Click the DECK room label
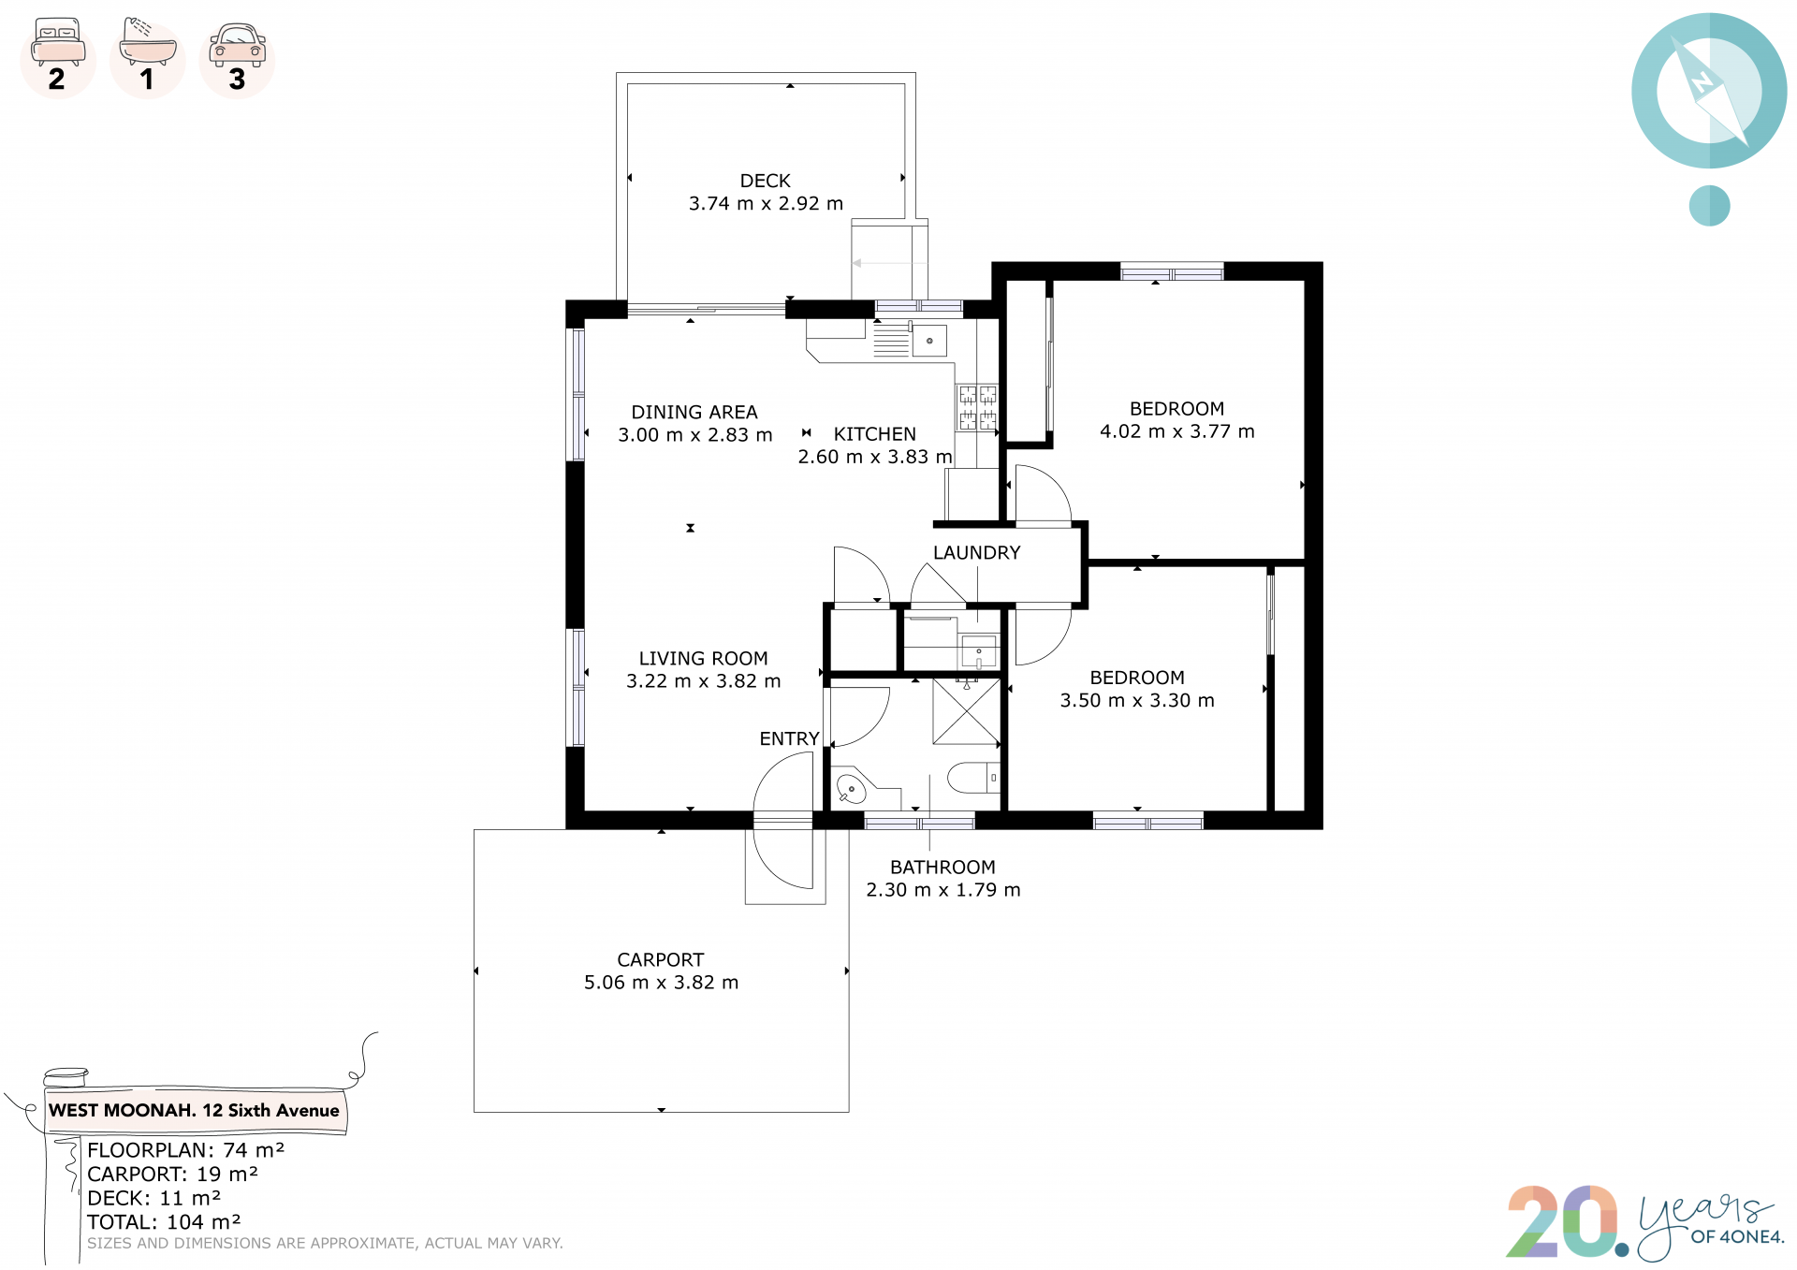[765, 181]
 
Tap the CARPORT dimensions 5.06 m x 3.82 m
[661, 983]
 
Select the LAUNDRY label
[976, 553]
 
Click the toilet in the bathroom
[974, 778]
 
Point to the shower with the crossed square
[967, 711]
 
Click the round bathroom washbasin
[851, 789]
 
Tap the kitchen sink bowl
[929, 341]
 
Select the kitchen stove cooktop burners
[977, 408]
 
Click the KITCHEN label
[874, 434]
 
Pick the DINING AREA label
[694, 413]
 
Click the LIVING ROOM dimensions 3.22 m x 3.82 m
[703, 681]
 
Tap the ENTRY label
[789, 739]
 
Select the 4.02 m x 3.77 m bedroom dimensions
[1176, 431]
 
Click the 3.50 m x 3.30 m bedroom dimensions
[1137, 701]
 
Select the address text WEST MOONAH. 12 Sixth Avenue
[194, 1111]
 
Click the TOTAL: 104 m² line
[164, 1222]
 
